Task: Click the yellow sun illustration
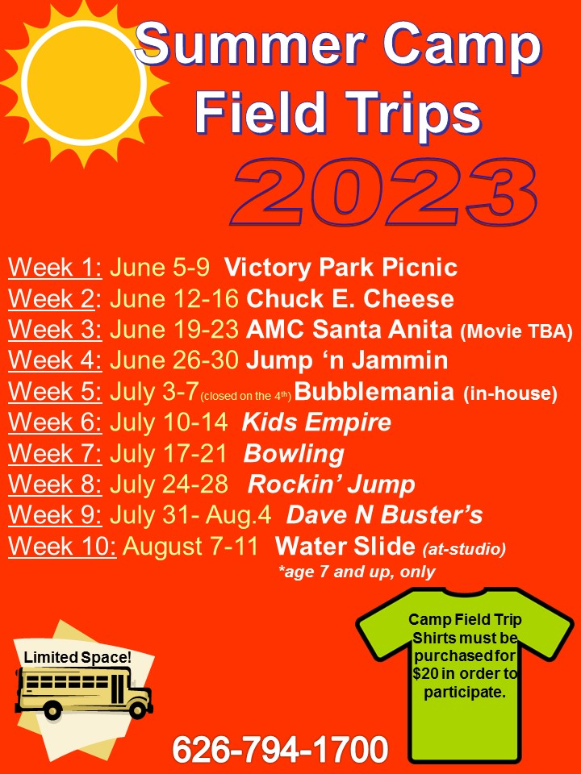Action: tap(83, 83)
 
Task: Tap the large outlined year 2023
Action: tap(383, 193)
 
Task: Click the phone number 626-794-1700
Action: tap(280, 749)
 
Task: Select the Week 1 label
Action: tap(55, 267)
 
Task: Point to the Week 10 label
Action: tap(62, 546)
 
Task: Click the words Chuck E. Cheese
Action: tap(349, 298)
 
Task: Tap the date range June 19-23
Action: tap(174, 329)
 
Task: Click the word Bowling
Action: tap(294, 454)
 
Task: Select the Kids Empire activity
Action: tap(316, 422)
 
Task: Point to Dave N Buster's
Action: tap(384, 515)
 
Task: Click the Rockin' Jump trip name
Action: tap(331, 485)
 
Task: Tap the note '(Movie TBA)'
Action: tap(516, 331)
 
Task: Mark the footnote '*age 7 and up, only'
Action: tap(357, 572)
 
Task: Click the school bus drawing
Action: tap(84, 692)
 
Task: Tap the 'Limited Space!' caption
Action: tap(78, 657)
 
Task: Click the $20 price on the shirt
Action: tap(427, 673)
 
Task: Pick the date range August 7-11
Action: tap(190, 546)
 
